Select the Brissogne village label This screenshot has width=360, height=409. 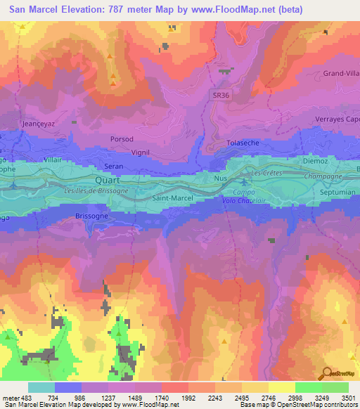[x=91, y=216]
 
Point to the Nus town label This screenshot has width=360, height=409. [x=220, y=178]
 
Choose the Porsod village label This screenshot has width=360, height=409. [x=122, y=139]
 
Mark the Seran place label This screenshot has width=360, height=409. [x=114, y=166]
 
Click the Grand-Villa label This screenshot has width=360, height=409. [x=341, y=73]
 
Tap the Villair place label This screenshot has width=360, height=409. [x=52, y=160]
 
